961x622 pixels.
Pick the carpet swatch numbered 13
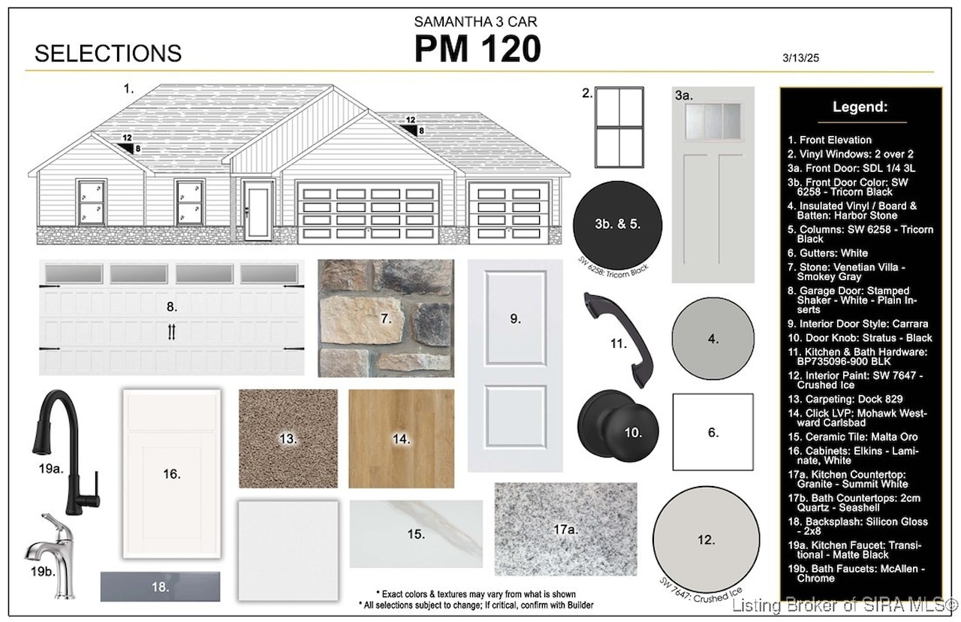pyautogui.click(x=288, y=438)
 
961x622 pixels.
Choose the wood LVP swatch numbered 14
pyautogui.click(x=401, y=438)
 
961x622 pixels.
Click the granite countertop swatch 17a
pyautogui.click(x=565, y=529)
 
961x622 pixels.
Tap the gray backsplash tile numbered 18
pyautogui.click(x=160, y=587)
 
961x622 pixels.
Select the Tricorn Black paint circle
pyautogui.click(x=617, y=225)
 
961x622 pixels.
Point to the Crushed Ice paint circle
pyautogui.click(x=706, y=539)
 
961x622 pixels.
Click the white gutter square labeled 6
pyautogui.click(x=712, y=432)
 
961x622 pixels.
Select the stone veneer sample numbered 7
pyautogui.click(x=386, y=318)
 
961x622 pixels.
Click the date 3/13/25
pyautogui.click(x=800, y=58)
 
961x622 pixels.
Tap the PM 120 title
pyautogui.click(x=477, y=49)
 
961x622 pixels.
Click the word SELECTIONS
pyautogui.click(x=108, y=53)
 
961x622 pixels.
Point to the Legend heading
pyautogui.click(x=860, y=107)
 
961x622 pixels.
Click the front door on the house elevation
pyautogui.click(x=258, y=211)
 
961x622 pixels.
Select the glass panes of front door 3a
pyautogui.click(x=712, y=122)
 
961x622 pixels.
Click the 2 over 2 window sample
pyautogui.click(x=619, y=128)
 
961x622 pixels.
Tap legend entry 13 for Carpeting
pyautogui.click(x=845, y=399)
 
